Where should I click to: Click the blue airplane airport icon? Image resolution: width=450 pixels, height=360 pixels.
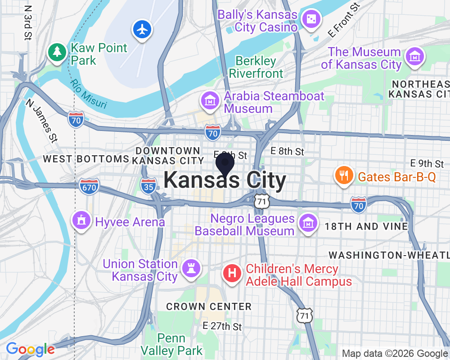click(143, 30)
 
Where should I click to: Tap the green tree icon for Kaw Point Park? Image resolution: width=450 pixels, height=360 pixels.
click(57, 52)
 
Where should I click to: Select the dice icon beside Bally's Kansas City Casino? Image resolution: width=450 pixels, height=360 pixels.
click(310, 19)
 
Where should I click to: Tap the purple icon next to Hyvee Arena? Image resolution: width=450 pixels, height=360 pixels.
click(81, 220)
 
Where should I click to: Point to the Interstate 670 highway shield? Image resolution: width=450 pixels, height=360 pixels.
click(89, 186)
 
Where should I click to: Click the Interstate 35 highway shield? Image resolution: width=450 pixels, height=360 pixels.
click(148, 186)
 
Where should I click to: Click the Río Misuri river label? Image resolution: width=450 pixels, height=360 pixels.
click(89, 94)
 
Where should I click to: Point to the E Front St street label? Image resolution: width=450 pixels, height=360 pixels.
click(344, 21)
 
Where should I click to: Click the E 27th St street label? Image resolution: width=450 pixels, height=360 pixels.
click(222, 326)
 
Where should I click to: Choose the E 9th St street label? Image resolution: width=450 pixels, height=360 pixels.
click(427, 163)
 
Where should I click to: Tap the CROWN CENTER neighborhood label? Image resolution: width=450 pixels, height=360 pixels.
click(209, 306)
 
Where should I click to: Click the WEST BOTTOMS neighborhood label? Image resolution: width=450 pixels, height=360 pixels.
click(86, 159)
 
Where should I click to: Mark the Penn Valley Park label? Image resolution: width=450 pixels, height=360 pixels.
click(171, 344)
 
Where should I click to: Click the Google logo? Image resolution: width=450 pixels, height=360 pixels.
click(30, 349)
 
